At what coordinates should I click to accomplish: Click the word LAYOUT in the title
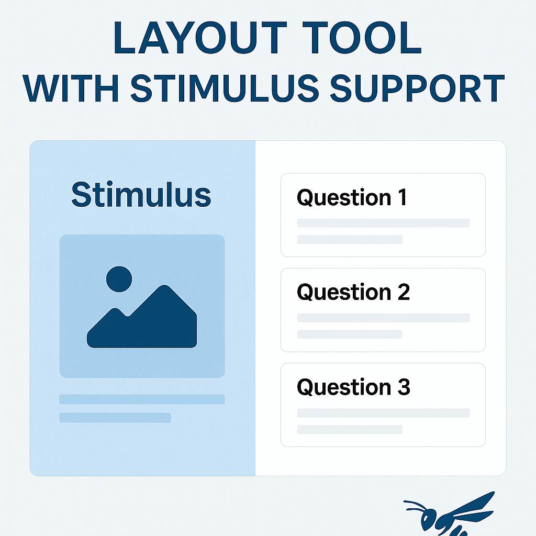click(199, 38)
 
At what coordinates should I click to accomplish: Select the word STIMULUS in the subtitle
click(225, 88)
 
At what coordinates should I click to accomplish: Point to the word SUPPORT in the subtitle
click(417, 88)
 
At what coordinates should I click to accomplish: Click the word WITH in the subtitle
click(71, 88)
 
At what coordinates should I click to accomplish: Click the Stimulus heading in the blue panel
click(141, 195)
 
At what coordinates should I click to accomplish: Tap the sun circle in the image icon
click(119, 279)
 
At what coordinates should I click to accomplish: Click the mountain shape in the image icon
click(142, 316)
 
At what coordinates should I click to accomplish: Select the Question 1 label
click(352, 198)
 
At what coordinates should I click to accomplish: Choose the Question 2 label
click(353, 293)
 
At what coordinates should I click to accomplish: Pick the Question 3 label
click(353, 387)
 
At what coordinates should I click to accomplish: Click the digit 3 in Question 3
click(404, 387)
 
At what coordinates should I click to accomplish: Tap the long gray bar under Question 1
click(383, 223)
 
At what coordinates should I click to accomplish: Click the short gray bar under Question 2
click(350, 334)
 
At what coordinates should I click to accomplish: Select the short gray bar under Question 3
click(350, 429)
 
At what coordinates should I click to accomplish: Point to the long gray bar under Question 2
click(383, 318)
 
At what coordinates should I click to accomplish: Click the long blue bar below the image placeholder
click(142, 399)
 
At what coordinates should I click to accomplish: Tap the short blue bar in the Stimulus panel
click(115, 418)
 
